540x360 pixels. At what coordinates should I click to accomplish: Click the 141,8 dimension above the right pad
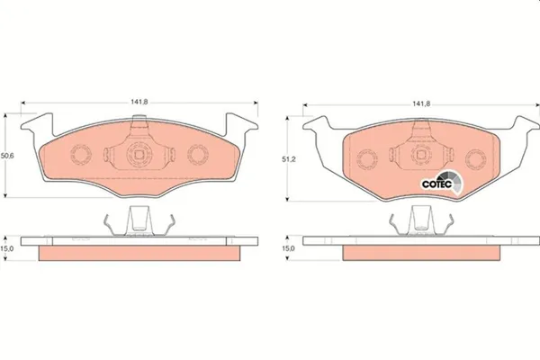(419, 103)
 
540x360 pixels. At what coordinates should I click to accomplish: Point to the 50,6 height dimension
(7, 155)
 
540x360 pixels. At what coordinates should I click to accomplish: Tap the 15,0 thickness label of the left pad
(7, 248)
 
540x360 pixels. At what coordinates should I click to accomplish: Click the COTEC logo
(442, 183)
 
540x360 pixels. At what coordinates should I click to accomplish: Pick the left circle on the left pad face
(78, 154)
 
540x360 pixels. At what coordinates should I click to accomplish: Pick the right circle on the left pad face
(197, 154)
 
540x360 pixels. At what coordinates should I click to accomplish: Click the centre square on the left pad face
(139, 154)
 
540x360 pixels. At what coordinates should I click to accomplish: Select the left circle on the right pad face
(366, 159)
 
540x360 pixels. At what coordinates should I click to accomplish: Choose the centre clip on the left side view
(139, 220)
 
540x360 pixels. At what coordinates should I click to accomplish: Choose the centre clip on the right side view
(419, 220)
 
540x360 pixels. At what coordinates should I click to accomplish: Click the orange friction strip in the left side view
(139, 255)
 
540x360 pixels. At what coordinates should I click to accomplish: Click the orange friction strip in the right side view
(419, 255)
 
